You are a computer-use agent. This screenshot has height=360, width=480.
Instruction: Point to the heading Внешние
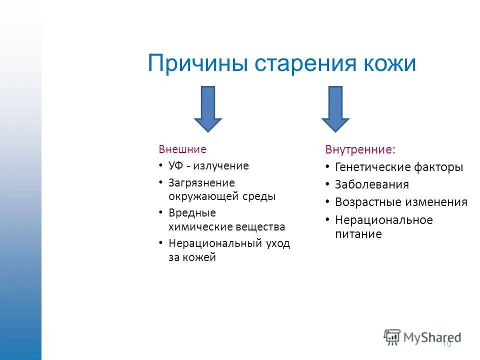182,149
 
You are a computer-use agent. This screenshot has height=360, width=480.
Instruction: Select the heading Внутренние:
359,149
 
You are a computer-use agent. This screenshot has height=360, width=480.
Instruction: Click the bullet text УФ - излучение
208,165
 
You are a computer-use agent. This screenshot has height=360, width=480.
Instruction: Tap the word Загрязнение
201,183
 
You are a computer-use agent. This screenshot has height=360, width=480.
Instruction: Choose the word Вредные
192,213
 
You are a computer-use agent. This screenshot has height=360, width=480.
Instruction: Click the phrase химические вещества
226,227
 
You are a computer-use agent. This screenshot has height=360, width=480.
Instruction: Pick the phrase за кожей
192,258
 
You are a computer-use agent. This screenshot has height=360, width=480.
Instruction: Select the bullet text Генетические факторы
399,167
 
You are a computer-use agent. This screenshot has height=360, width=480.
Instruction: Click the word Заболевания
372,184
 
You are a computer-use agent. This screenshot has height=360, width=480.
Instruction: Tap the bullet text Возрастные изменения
401,202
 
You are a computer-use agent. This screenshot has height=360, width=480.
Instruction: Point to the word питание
358,233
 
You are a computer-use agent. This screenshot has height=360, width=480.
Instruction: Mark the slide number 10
446,343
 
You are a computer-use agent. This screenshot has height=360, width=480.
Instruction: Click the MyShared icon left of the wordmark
392,337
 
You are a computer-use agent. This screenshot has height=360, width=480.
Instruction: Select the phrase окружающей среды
222,196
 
